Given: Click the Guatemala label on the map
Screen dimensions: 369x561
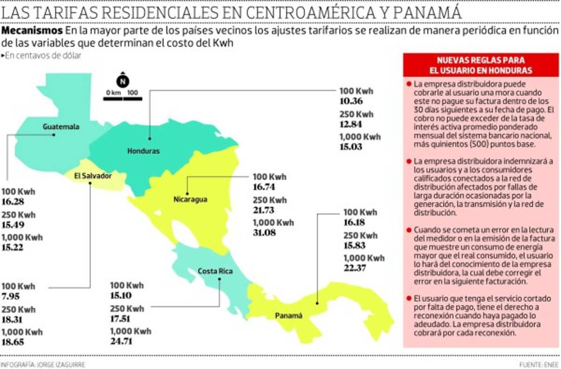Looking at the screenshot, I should [x=61, y=126].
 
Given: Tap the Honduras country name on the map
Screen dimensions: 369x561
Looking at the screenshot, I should [x=143, y=151].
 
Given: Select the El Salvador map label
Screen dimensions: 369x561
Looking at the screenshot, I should [x=93, y=176].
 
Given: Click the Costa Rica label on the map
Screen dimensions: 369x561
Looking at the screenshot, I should [x=215, y=271].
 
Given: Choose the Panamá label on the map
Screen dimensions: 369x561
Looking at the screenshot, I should [x=288, y=315].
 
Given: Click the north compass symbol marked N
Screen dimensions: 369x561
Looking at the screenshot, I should [x=122, y=81].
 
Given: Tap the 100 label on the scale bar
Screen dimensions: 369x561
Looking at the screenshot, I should [x=132, y=92].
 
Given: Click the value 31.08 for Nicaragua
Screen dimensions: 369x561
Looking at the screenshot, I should [x=265, y=232].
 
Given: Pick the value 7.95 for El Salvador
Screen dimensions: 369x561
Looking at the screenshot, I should [x=11, y=296].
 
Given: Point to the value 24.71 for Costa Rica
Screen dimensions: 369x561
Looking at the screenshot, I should [x=122, y=341].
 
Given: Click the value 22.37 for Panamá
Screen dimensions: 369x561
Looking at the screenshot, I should [x=355, y=268].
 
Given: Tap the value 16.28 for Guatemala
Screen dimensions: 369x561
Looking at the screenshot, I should [x=13, y=202].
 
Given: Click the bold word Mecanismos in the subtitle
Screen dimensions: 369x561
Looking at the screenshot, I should [x=32, y=31].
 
